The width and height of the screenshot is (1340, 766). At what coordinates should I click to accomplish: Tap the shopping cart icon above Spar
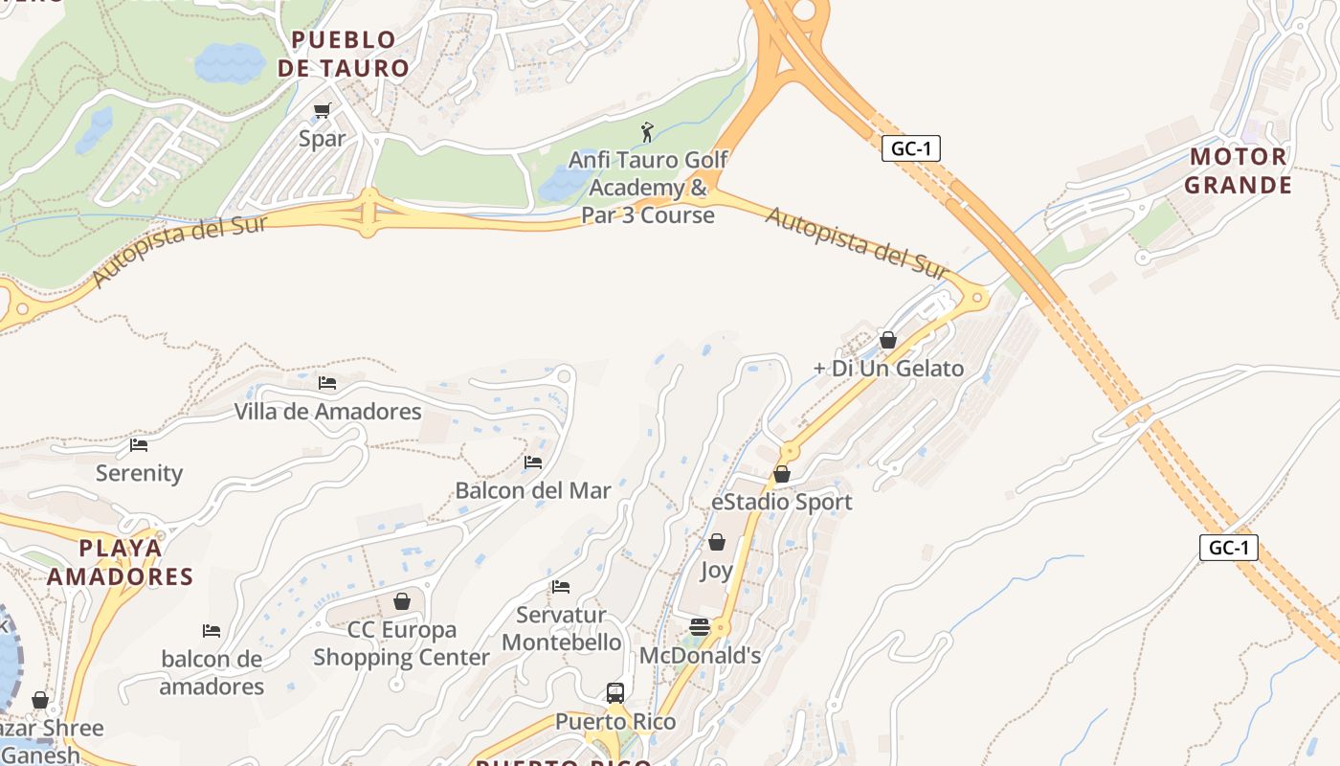tap(323, 111)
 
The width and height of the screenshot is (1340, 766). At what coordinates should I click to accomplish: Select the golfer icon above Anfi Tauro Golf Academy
tap(647, 132)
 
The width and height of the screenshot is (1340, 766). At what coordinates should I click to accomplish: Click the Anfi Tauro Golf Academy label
tap(648, 188)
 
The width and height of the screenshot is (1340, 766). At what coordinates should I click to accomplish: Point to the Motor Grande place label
tap(1239, 170)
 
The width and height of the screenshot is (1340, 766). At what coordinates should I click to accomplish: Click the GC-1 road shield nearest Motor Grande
tap(910, 148)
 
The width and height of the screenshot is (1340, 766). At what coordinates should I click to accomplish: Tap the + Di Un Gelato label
tap(888, 369)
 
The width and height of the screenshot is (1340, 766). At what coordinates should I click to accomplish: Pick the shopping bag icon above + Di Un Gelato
tap(888, 340)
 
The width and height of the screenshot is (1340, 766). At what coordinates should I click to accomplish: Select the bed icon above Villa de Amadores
tap(327, 383)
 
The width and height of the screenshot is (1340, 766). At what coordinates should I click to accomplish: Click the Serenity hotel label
tap(139, 473)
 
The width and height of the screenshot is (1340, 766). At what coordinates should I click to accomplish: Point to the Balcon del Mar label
tap(533, 491)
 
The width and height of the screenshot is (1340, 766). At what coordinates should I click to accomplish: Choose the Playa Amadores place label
tap(121, 562)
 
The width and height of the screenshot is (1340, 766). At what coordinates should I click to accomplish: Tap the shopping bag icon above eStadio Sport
tap(782, 474)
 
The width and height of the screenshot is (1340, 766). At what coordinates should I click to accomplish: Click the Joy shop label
tap(716, 571)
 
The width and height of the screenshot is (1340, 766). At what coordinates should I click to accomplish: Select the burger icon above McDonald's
tap(700, 627)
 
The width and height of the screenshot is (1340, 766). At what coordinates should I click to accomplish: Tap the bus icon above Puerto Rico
tap(615, 692)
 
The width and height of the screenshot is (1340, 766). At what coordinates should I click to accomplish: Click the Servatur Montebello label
tap(562, 628)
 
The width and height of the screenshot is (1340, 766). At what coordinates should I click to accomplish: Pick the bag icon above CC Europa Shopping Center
tap(402, 601)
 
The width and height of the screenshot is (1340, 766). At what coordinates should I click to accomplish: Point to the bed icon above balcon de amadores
tap(212, 631)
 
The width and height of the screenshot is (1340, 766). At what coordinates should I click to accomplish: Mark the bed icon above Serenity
tap(139, 445)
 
